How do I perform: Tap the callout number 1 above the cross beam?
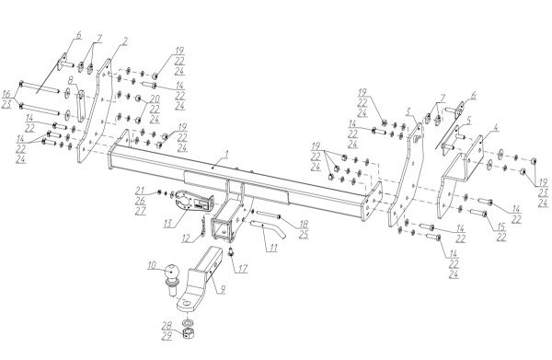pyautogui.click(x=226, y=154)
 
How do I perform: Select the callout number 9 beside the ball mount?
pyautogui.click(x=222, y=289)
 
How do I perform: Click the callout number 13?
pyautogui.click(x=169, y=223)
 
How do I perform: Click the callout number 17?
pyautogui.click(x=242, y=269)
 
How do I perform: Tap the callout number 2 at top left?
pyautogui.click(x=124, y=41)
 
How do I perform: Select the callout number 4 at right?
pyautogui.click(x=495, y=128)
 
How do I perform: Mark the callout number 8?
pyautogui.click(x=72, y=80)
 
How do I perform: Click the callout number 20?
pyautogui.click(x=155, y=98)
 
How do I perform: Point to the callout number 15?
pyautogui.click(x=501, y=226)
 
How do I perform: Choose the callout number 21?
pyautogui.click(x=140, y=191)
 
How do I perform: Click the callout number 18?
pyautogui.click(x=304, y=224)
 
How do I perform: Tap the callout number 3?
pyautogui.click(x=408, y=112)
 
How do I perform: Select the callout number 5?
pyautogui.click(x=467, y=121)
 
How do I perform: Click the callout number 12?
pyautogui.click(x=186, y=238)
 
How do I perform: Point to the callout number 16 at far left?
pyautogui.click(x=6, y=94)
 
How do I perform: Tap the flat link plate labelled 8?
pyautogui.click(x=81, y=106)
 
